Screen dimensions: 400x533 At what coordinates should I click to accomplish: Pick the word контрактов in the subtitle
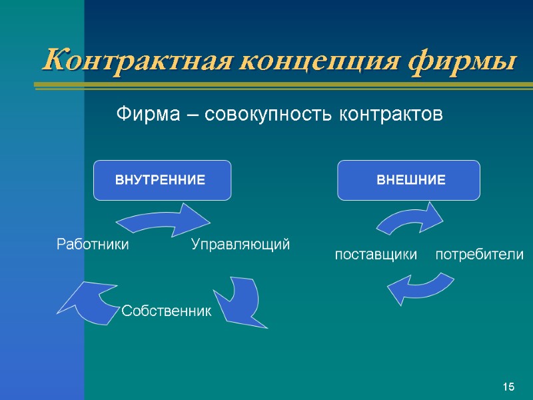pyautogui.click(x=390, y=115)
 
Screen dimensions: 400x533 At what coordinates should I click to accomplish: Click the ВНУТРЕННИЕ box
pyautogui.click(x=162, y=180)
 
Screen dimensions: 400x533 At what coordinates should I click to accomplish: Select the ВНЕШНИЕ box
pyautogui.click(x=408, y=180)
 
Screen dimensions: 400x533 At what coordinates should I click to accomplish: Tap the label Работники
pyautogui.click(x=92, y=245)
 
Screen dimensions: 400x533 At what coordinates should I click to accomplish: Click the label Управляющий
pyautogui.click(x=241, y=245)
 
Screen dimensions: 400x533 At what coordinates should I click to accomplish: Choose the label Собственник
pyautogui.click(x=166, y=310)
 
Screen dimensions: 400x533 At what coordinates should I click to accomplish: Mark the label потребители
pyautogui.click(x=479, y=255)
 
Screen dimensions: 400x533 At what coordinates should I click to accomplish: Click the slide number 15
pyautogui.click(x=509, y=387)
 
